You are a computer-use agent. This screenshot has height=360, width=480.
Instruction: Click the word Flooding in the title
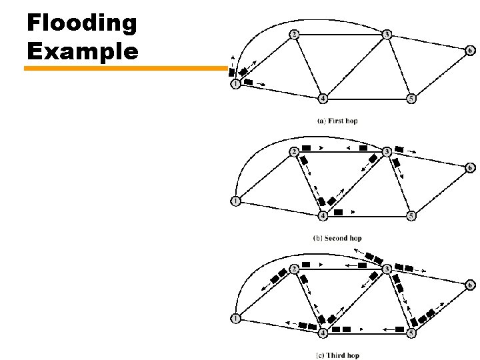(81, 23)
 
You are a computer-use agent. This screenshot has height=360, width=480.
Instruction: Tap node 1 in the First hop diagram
(235, 85)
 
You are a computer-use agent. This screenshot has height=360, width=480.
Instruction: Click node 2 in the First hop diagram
(294, 34)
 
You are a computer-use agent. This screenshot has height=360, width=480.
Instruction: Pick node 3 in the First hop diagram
(387, 33)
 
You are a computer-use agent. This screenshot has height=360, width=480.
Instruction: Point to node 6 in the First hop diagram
(471, 50)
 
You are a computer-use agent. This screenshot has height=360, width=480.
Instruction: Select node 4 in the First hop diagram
(323, 99)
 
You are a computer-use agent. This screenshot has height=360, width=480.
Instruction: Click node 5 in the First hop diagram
(411, 99)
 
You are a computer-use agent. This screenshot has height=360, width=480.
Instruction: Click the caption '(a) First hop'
(338, 121)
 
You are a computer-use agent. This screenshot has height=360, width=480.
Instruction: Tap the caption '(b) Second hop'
(337, 238)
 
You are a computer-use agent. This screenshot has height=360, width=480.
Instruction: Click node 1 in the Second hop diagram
(235, 201)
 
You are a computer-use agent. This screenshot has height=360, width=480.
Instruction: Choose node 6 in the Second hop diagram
(471, 167)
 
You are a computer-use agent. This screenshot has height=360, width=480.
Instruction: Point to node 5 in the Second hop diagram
(411, 215)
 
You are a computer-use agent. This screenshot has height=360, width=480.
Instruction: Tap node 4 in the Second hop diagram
(323, 215)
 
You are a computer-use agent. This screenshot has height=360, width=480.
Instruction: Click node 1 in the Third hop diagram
(235, 319)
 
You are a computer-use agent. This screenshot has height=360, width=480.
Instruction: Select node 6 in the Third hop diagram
(471, 285)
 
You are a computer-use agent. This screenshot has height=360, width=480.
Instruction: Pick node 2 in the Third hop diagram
(294, 269)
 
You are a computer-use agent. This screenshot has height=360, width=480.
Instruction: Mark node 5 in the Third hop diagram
(411, 333)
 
